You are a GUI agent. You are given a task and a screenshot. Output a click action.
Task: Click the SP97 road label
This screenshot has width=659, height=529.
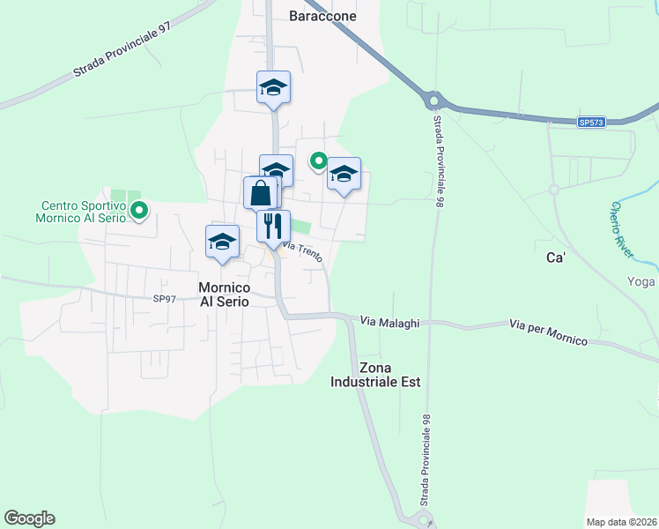[x=165, y=299]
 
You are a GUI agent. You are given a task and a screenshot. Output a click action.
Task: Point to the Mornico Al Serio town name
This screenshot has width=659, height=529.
[x=224, y=294]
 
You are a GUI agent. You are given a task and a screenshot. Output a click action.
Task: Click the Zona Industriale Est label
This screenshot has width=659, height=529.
[x=375, y=375]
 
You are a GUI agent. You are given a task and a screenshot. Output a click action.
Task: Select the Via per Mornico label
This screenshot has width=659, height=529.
[x=547, y=331]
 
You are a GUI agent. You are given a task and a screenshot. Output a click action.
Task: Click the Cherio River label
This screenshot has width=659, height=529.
[x=622, y=230]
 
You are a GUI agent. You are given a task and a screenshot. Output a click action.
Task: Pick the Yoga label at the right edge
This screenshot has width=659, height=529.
[x=642, y=281]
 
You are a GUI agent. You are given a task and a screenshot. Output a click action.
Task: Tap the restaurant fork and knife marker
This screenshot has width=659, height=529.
[x=273, y=226]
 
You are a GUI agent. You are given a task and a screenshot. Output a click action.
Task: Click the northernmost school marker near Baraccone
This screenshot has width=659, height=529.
[x=274, y=87]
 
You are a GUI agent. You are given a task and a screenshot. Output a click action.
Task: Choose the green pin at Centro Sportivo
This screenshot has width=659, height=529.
[x=138, y=211]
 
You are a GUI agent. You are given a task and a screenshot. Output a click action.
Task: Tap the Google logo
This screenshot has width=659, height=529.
[x=29, y=518]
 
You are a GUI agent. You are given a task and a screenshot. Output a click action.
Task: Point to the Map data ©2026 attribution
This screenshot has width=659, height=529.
[x=622, y=522]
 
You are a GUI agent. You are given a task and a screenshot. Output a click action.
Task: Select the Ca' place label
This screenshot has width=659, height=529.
[x=555, y=261]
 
